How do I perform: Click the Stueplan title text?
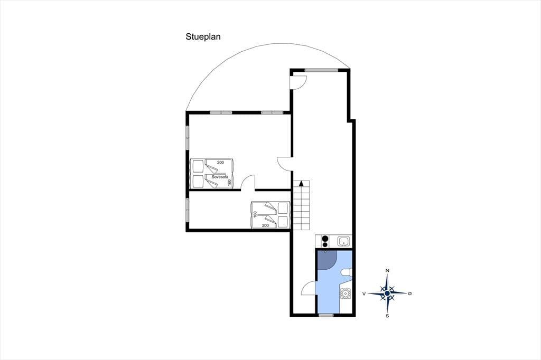coord(203,37)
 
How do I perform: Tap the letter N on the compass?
coord(387,271)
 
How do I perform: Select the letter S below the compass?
coord(387,316)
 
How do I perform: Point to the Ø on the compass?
coord(410,293)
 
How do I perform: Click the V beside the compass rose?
coord(364,293)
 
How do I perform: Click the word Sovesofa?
coord(220,177)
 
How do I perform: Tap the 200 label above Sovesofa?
coord(220,163)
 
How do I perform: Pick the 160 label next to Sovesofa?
coord(229,183)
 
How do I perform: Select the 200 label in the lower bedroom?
coord(265,225)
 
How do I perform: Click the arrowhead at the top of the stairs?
coord(301,183)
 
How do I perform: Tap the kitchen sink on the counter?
coord(343,241)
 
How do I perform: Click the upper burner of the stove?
coord(325,238)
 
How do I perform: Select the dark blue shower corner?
coord(326,259)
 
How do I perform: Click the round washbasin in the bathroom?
coord(345,294)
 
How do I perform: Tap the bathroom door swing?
coord(308,288)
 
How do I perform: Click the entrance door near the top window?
coord(298,82)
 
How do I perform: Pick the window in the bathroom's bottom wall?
coord(326,315)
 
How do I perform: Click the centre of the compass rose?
coord(387,293)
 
